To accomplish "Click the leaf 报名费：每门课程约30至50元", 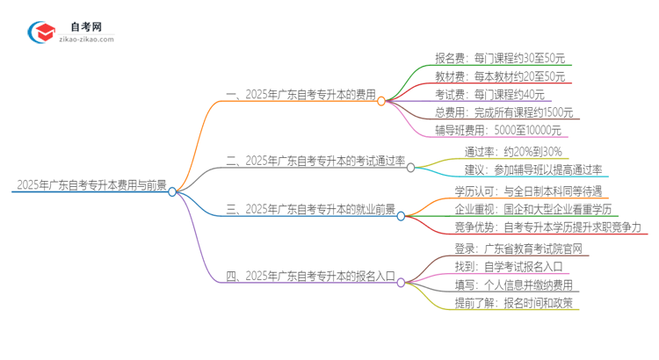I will [499, 58].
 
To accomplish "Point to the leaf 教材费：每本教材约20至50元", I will [499, 76].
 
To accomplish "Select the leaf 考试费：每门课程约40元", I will [489, 95].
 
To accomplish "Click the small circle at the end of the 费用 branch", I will [381, 101].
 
